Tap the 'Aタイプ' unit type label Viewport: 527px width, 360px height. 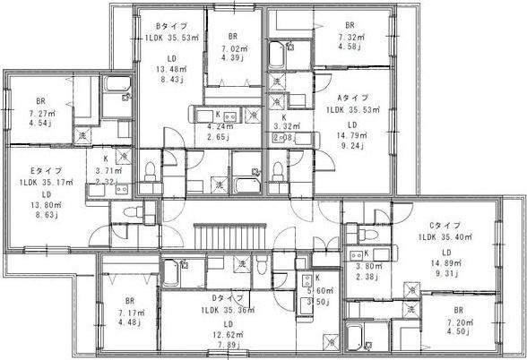350,97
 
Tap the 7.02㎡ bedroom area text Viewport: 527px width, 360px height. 229,50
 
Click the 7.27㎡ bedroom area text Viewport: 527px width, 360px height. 40,115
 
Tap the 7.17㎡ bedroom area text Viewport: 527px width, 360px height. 130,313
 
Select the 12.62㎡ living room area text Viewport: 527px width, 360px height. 228,337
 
